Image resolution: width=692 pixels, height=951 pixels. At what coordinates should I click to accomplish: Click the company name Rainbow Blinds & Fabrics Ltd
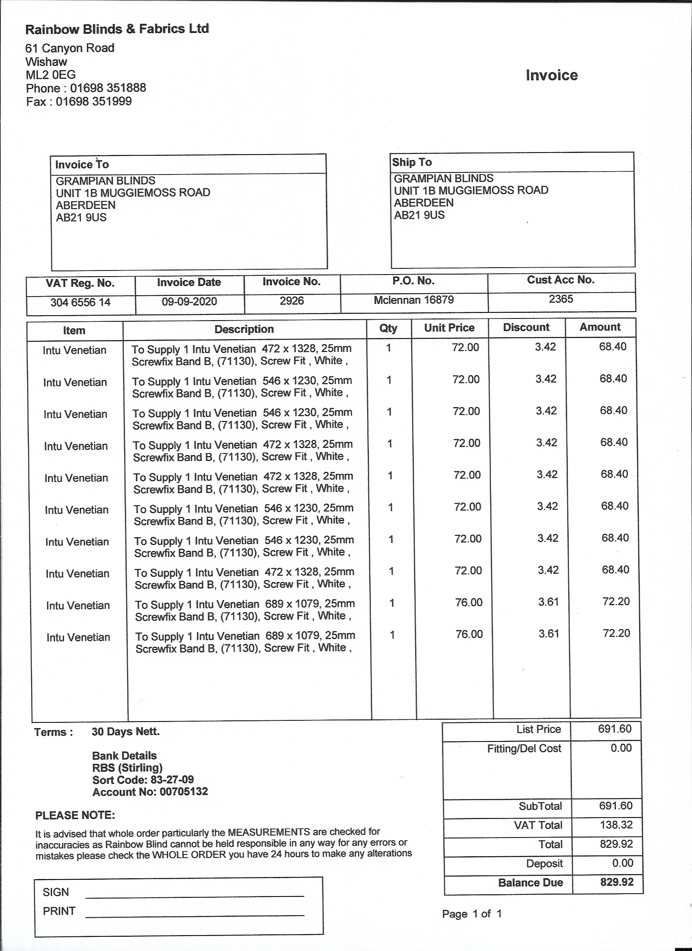point(117,29)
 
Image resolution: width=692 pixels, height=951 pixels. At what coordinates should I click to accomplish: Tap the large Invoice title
point(552,75)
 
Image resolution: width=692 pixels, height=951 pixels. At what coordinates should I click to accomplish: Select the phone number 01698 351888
point(108,88)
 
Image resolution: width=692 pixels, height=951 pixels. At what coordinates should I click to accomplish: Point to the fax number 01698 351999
point(94,101)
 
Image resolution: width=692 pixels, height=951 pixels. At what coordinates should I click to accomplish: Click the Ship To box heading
point(412,162)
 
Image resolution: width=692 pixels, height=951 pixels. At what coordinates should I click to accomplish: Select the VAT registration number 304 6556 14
point(80,302)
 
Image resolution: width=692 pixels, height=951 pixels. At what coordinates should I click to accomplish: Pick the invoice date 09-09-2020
point(189,301)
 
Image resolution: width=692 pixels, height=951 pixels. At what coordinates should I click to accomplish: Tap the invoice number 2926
point(291,301)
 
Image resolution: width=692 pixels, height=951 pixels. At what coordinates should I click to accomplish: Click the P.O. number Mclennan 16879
point(413,299)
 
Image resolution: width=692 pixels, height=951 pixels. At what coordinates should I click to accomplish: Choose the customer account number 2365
point(561,299)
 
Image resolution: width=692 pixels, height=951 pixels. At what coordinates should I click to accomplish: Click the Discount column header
point(526,327)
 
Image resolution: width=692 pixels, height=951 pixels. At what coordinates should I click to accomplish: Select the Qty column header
point(388,328)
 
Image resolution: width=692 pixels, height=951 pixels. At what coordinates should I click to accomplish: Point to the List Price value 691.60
point(614,729)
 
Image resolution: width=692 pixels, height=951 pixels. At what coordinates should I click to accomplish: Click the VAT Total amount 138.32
point(615,824)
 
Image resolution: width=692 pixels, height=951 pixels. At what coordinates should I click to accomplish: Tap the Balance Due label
point(530,883)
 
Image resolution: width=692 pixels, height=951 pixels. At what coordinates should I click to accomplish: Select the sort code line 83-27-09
point(143,779)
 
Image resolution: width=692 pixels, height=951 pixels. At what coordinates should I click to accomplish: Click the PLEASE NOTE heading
point(75,816)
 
